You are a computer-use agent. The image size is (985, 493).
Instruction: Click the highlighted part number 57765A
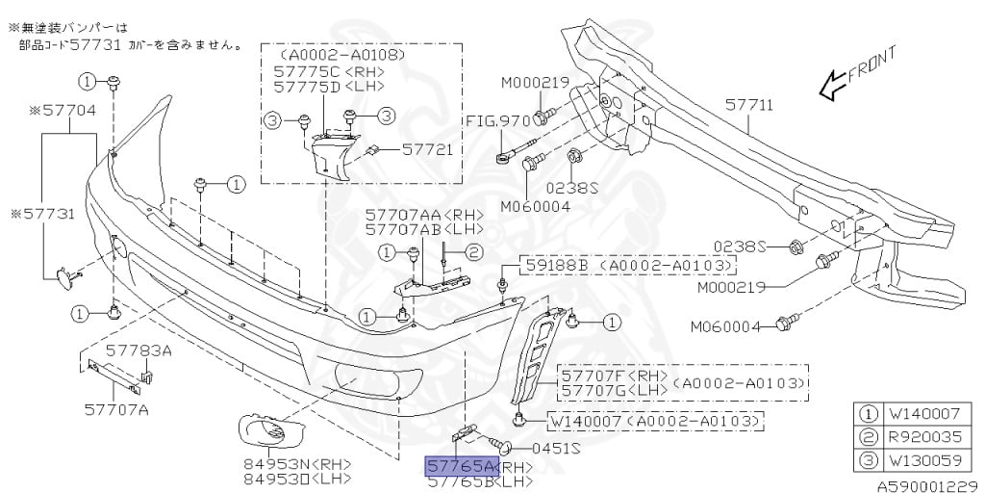click(x=462, y=467)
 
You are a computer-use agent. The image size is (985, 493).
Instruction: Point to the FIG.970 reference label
click(x=498, y=121)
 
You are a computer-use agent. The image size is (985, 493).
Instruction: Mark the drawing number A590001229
click(x=931, y=485)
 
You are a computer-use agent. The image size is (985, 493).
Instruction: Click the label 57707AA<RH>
click(x=414, y=215)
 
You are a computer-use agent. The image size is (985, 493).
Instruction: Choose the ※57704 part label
click(x=63, y=111)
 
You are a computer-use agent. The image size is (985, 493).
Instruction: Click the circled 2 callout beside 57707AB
click(x=473, y=253)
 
